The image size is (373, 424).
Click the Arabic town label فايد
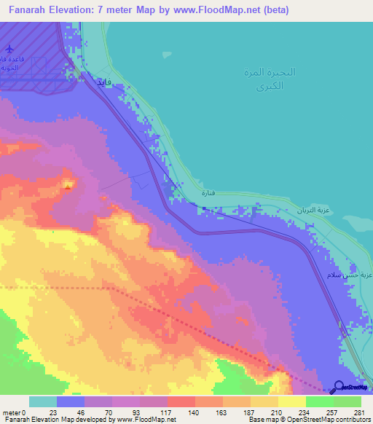pyautogui.click(x=101, y=82)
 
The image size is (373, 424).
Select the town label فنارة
pyautogui.click(x=208, y=195)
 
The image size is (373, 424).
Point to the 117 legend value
pyautogui.click(x=167, y=412)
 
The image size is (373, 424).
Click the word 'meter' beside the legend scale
pyautogui.click(x=12, y=412)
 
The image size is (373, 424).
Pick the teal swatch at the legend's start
pyautogui.click(x=42, y=401)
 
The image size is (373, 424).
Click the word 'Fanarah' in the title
pyautogui.click(x=31, y=10)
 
